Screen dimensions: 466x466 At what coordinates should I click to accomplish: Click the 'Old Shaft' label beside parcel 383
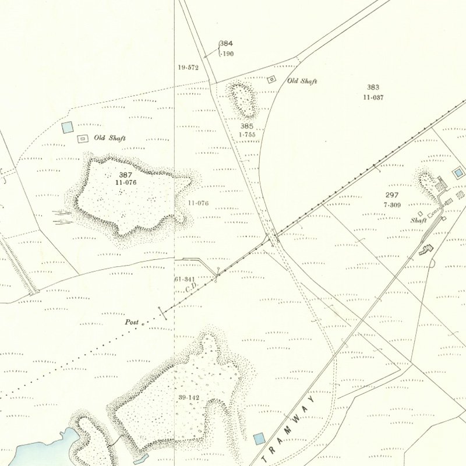click(302, 82)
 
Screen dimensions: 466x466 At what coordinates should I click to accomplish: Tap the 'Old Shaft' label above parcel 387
click(110, 138)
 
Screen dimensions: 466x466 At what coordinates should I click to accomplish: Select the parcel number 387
click(125, 175)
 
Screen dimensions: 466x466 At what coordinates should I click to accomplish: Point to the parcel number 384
click(226, 44)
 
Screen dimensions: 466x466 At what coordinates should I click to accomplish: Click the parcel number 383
click(373, 87)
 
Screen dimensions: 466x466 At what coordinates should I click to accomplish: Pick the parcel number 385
click(247, 126)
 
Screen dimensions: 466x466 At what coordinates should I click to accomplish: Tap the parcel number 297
click(391, 195)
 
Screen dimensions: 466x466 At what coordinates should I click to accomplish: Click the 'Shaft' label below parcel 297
click(418, 221)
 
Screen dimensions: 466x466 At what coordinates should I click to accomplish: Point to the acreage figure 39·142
click(189, 397)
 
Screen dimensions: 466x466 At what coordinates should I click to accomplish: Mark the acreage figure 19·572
click(188, 68)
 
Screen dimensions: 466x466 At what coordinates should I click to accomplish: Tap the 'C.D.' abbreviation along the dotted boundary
click(190, 287)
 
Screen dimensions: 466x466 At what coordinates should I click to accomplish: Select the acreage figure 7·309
click(391, 205)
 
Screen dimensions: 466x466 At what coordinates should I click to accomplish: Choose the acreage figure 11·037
click(373, 97)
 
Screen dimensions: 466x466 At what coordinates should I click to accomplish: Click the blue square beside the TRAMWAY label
click(259, 437)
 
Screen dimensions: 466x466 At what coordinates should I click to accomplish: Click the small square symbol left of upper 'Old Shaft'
click(271, 80)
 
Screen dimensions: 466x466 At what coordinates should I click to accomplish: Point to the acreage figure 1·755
click(247, 135)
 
